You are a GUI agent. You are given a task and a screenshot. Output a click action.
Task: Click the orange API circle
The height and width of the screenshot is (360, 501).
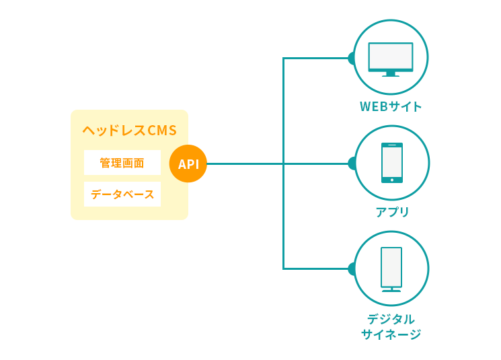[x=188, y=164]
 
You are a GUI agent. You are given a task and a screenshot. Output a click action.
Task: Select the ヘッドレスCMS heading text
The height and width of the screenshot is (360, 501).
[x=129, y=131]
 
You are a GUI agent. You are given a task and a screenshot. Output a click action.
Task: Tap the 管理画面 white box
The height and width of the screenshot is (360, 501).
[x=122, y=163]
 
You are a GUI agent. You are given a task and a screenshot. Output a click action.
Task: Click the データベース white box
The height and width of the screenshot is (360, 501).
[x=122, y=194]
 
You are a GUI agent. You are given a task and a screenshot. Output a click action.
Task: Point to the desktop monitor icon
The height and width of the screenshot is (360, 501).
[x=391, y=58]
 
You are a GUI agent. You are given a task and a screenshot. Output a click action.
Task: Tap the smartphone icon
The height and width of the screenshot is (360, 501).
[x=392, y=163]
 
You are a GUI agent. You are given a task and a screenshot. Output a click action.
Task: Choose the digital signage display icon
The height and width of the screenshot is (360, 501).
[x=391, y=268]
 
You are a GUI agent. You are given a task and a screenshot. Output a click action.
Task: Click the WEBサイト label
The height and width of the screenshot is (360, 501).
[x=391, y=106]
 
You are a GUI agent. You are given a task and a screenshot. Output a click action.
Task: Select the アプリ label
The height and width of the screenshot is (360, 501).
[x=392, y=212]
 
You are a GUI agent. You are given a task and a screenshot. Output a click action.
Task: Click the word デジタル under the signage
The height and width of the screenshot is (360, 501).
[x=391, y=319]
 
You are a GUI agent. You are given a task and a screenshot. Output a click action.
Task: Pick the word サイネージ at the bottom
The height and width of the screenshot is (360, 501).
[x=391, y=334]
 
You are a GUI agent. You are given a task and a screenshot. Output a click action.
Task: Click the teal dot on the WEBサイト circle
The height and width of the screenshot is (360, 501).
[x=351, y=58]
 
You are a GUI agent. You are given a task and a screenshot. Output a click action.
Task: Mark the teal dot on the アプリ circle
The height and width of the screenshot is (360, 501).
[x=351, y=163]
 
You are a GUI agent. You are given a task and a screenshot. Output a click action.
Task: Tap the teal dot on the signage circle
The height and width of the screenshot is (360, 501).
[x=351, y=268]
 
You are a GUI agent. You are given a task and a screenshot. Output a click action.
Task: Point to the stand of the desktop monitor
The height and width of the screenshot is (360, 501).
[x=391, y=74]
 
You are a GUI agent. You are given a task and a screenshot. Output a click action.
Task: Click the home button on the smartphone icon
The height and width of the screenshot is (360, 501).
[x=392, y=180]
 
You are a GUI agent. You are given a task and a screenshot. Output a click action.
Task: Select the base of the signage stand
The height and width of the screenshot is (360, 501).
[x=391, y=291]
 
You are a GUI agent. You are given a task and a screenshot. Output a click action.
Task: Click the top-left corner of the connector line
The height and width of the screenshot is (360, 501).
[x=284, y=59]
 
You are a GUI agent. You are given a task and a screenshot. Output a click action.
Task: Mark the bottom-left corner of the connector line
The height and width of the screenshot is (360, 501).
[x=284, y=268]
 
